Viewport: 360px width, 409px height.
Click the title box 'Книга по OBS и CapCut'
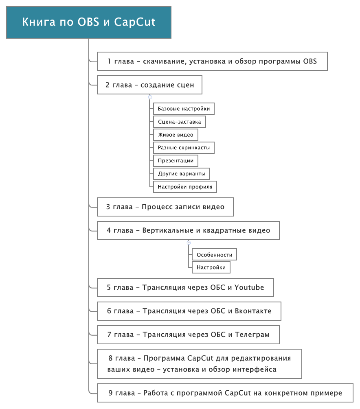89,22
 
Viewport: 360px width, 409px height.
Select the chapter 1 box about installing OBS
212,61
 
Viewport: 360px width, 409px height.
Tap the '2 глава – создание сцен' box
149,85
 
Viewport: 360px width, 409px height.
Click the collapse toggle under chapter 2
150,97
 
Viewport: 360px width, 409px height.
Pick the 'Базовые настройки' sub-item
184,109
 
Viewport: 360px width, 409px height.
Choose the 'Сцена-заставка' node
180,122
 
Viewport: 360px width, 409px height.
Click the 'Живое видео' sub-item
176,135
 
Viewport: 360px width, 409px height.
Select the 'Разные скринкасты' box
184,148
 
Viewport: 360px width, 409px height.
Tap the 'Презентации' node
176,161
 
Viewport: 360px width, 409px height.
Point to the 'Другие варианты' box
182,174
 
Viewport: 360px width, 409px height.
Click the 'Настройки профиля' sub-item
185,187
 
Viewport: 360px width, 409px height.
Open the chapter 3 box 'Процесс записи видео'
165,207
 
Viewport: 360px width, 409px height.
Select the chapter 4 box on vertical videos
188,231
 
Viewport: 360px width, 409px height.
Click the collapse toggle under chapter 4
189,243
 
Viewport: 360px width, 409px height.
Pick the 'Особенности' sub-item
214,255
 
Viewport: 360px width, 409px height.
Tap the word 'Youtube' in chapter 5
249,287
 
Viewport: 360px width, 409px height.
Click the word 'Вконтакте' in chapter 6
253,311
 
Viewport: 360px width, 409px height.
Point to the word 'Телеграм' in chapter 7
252,335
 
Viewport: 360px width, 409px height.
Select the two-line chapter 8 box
200,364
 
